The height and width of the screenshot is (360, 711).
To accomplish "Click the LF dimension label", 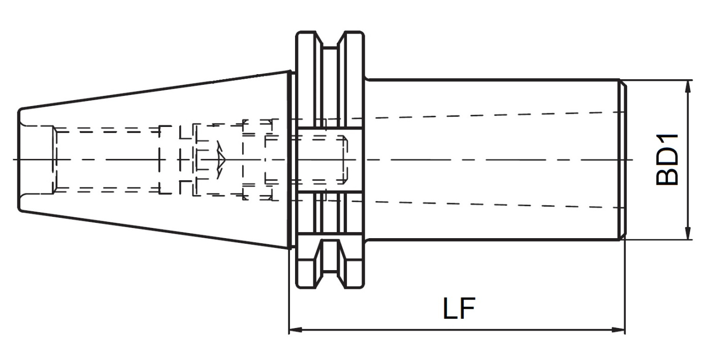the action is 459,308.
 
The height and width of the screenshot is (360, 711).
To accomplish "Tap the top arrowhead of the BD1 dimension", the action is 688,86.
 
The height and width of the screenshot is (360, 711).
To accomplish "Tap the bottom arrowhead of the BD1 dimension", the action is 688,233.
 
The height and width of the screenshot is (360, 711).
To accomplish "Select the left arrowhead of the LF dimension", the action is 296,330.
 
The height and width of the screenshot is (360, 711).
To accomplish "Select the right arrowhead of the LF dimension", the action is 619,330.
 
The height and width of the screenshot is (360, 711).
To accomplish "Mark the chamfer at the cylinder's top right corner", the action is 624,84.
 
